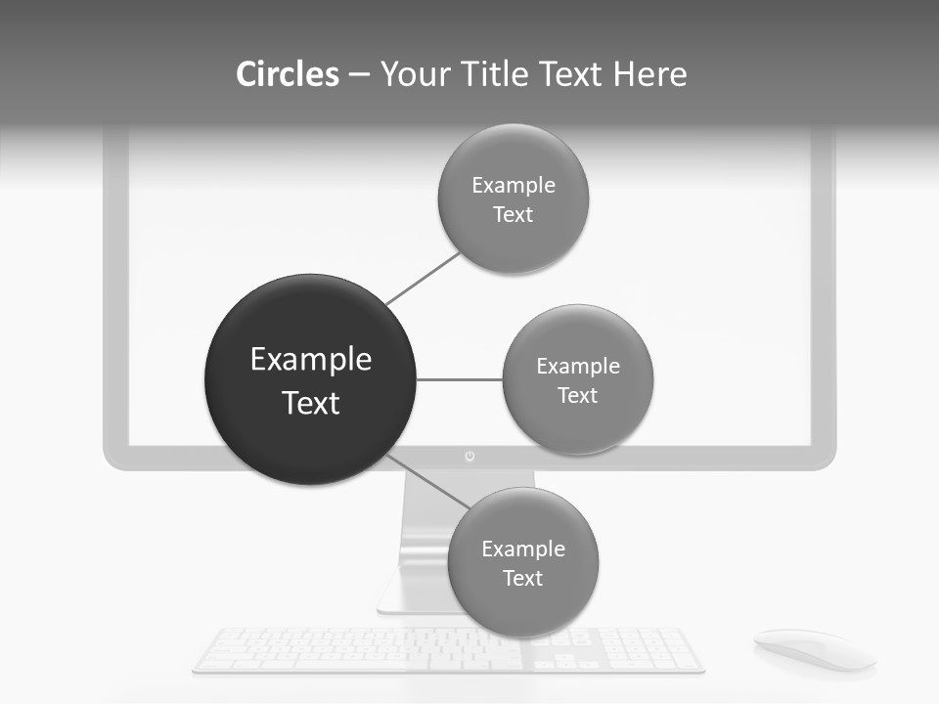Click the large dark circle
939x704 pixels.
pyautogui.click(x=310, y=379)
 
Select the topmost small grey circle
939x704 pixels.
pyautogui.click(x=513, y=198)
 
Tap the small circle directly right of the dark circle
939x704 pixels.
pyautogui.click(x=577, y=379)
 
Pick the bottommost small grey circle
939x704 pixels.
pyautogui.click(x=522, y=562)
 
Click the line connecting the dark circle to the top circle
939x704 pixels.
pyautogui.click(x=423, y=279)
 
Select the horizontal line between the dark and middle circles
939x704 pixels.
pyautogui.click(x=459, y=379)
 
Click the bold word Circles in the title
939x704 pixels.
pyautogui.click(x=288, y=74)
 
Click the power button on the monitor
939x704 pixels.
pyautogui.click(x=469, y=457)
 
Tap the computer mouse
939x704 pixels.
pyautogui.click(x=813, y=648)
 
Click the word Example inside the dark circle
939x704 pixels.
pyautogui.click(x=310, y=359)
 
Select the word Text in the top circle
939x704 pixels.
pyautogui.click(x=513, y=214)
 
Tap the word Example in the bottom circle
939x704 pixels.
pyautogui.click(x=522, y=549)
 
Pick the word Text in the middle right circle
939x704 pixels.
pyautogui.click(x=577, y=395)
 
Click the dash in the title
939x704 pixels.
pyautogui.click(x=358, y=74)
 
